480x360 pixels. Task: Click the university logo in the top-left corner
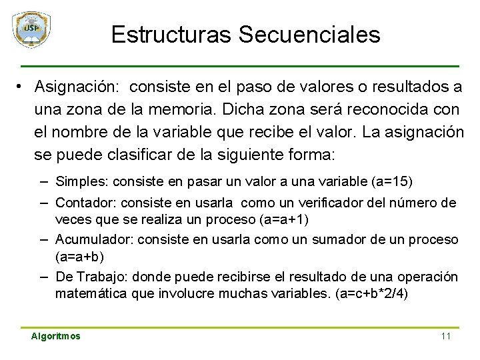[x=31, y=30]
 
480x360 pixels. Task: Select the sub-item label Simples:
[x=83, y=181]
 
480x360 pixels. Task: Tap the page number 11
[x=446, y=336]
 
